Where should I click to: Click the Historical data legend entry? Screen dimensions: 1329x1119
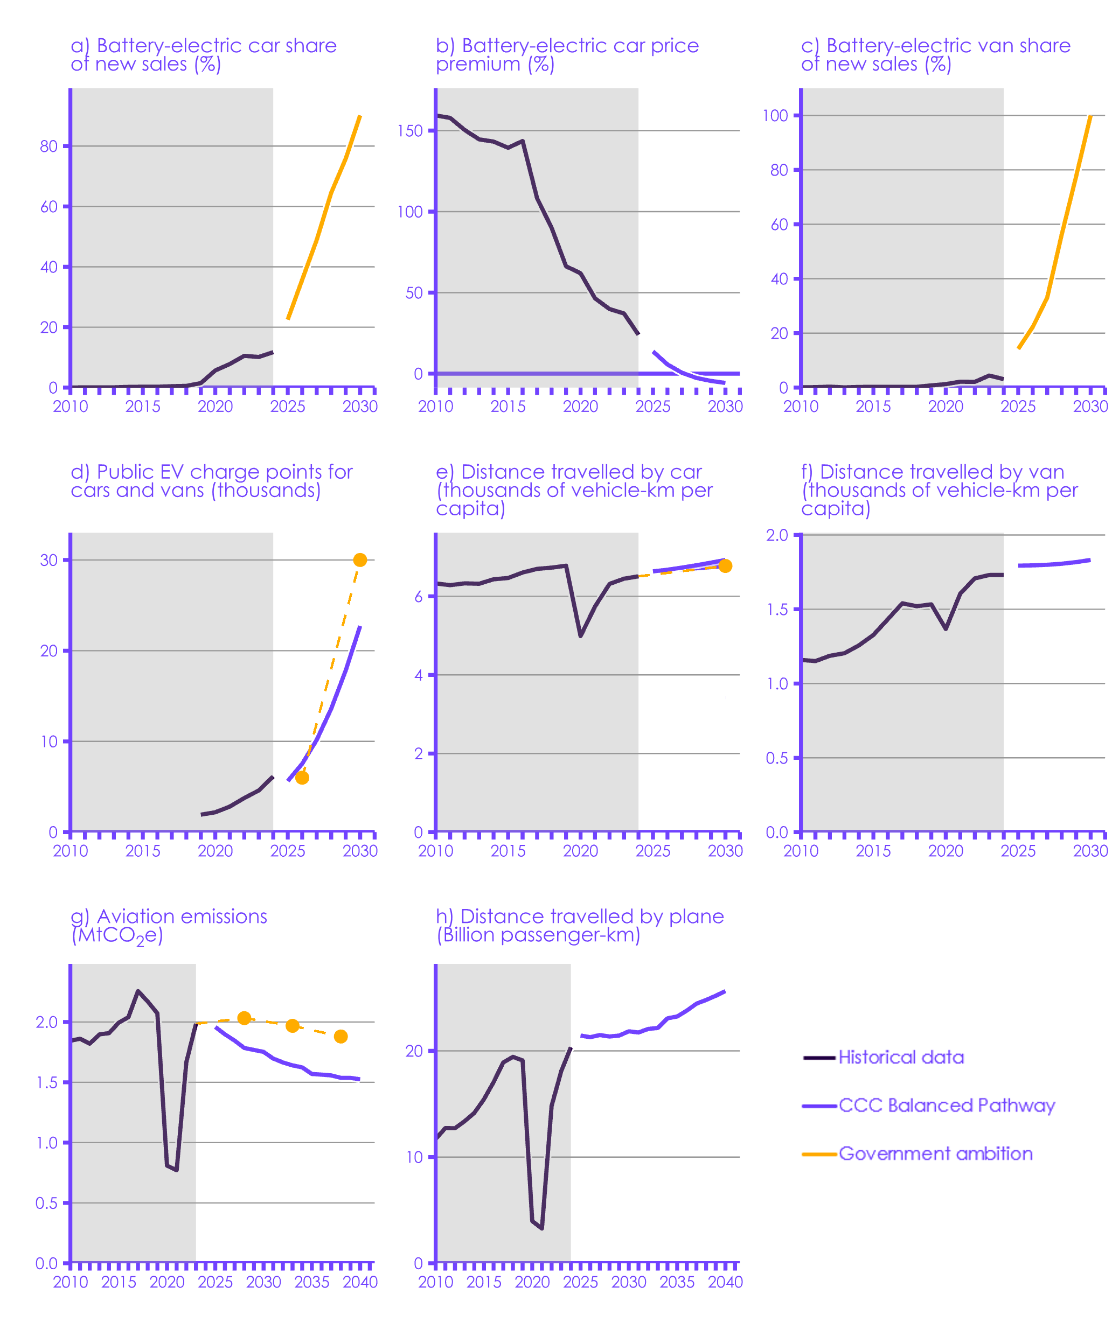pyautogui.click(x=901, y=1057)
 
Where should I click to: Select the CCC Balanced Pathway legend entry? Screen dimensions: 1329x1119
pyautogui.click(x=947, y=1105)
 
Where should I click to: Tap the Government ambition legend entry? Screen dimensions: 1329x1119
pyautogui.click(x=935, y=1153)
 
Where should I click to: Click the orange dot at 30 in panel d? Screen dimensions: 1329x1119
pyautogui.click(x=360, y=560)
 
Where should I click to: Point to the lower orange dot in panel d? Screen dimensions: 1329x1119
pyautogui.click(x=302, y=778)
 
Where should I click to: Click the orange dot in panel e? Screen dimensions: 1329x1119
pyautogui.click(x=725, y=565)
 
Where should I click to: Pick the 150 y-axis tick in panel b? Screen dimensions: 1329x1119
pyautogui.click(x=410, y=131)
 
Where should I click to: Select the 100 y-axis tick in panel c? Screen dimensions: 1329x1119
pyautogui.click(x=775, y=115)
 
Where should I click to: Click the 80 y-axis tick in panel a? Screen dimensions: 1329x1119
pyautogui.click(x=49, y=146)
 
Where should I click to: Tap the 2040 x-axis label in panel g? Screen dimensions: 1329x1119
pyautogui.click(x=360, y=1283)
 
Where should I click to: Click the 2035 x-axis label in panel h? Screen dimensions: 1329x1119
pyautogui.click(x=677, y=1283)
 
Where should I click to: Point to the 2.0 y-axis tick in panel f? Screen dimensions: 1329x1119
pyautogui.click(x=776, y=535)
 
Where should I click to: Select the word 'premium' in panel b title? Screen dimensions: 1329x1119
pyautogui.click(x=478, y=65)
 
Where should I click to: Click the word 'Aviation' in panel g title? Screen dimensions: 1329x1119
pyautogui.click(x=137, y=917)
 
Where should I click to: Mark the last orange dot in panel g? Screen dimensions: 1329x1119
pyautogui.click(x=340, y=1037)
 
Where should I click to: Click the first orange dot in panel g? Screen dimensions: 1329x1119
pyautogui.click(x=244, y=1018)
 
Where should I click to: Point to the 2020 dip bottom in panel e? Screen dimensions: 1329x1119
pyautogui.click(x=580, y=636)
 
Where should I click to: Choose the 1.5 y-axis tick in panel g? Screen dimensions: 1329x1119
pyautogui.click(x=47, y=1082)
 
